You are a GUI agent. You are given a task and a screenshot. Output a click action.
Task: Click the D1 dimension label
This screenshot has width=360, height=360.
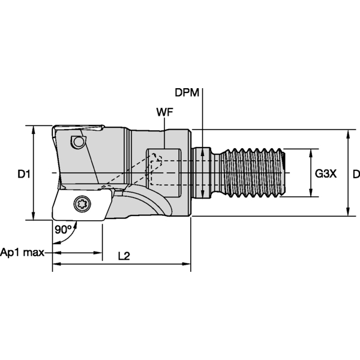pos(24,174)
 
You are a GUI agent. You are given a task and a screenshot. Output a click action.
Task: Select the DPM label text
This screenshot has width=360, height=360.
pos(187,92)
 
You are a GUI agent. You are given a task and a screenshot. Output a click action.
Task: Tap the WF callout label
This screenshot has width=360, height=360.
pos(164,112)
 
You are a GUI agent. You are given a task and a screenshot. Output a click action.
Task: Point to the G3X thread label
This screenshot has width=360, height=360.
pos(326,174)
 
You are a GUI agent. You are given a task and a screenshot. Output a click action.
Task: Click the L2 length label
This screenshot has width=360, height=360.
pos(124,256)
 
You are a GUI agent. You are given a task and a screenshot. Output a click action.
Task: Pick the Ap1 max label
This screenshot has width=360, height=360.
pos(22,253)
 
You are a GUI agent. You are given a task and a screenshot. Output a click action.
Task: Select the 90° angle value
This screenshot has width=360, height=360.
pos(64,230)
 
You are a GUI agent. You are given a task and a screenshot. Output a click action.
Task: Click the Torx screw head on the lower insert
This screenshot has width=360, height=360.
pos(82,203)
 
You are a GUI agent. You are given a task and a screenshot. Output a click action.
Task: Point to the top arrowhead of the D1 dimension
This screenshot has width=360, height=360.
pos(34,129)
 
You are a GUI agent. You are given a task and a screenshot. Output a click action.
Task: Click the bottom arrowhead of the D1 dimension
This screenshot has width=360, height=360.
pos(34,217)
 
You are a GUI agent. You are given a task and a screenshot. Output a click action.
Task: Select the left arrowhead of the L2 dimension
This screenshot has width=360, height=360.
pos(56,264)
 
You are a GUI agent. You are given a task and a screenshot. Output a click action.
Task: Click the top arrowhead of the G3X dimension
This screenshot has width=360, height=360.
pos(311,152)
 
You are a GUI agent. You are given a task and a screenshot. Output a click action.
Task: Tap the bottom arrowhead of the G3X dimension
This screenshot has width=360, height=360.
pos(311,193)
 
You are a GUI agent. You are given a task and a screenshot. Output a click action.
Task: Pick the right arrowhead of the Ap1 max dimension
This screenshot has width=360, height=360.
pos(98,253)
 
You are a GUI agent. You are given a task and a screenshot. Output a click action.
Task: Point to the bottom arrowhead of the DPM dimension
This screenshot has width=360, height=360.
pos(202,194)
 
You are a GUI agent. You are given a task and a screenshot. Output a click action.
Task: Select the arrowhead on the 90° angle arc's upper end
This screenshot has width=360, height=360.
pos(76,224)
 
